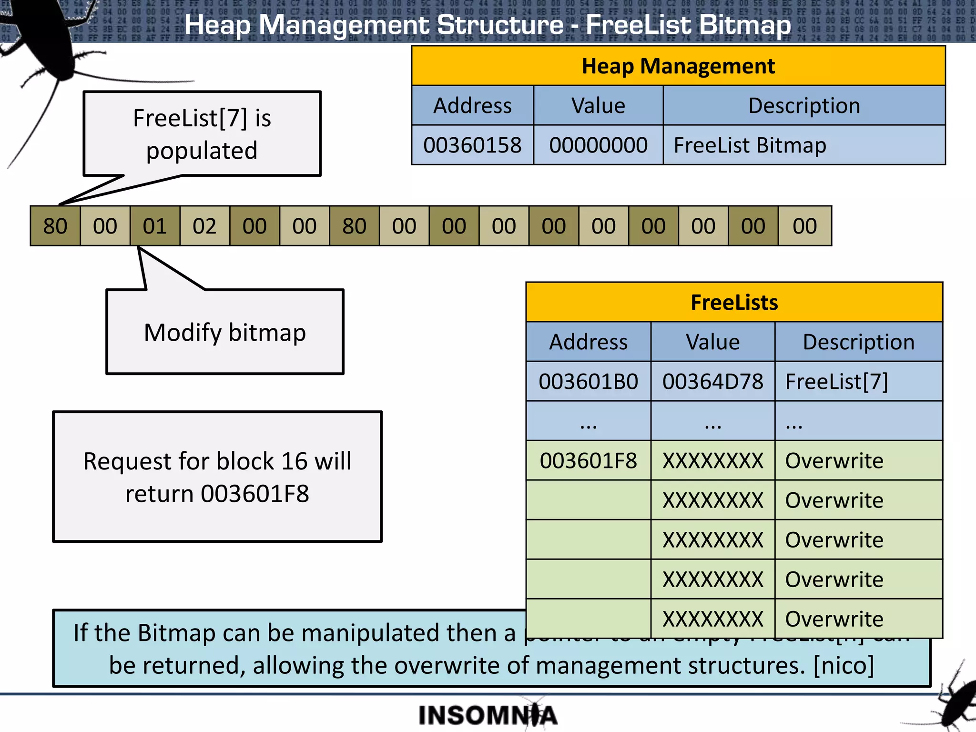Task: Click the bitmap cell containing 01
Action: [x=155, y=226]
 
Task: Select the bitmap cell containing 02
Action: [x=204, y=226]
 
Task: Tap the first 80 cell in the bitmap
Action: [x=55, y=226]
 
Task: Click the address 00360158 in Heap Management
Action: [x=472, y=145]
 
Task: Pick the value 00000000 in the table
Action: [x=598, y=145]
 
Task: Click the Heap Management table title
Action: [x=678, y=66]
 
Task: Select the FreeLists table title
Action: [x=734, y=303]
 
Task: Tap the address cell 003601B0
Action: [x=588, y=382]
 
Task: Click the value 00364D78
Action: [x=712, y=382]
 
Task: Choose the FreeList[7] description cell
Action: [x=836, y=382]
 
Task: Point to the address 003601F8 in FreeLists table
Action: [x=588, y=461]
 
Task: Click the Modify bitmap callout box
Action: [x=225, y=332]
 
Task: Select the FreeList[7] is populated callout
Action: [x=202, y=134]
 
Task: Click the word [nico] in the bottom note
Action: [x=844, y=665]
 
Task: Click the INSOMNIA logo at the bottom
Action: [x=488, y=715]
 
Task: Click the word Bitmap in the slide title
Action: [x=736, y=25]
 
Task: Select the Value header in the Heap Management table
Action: [x=598, y=106]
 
